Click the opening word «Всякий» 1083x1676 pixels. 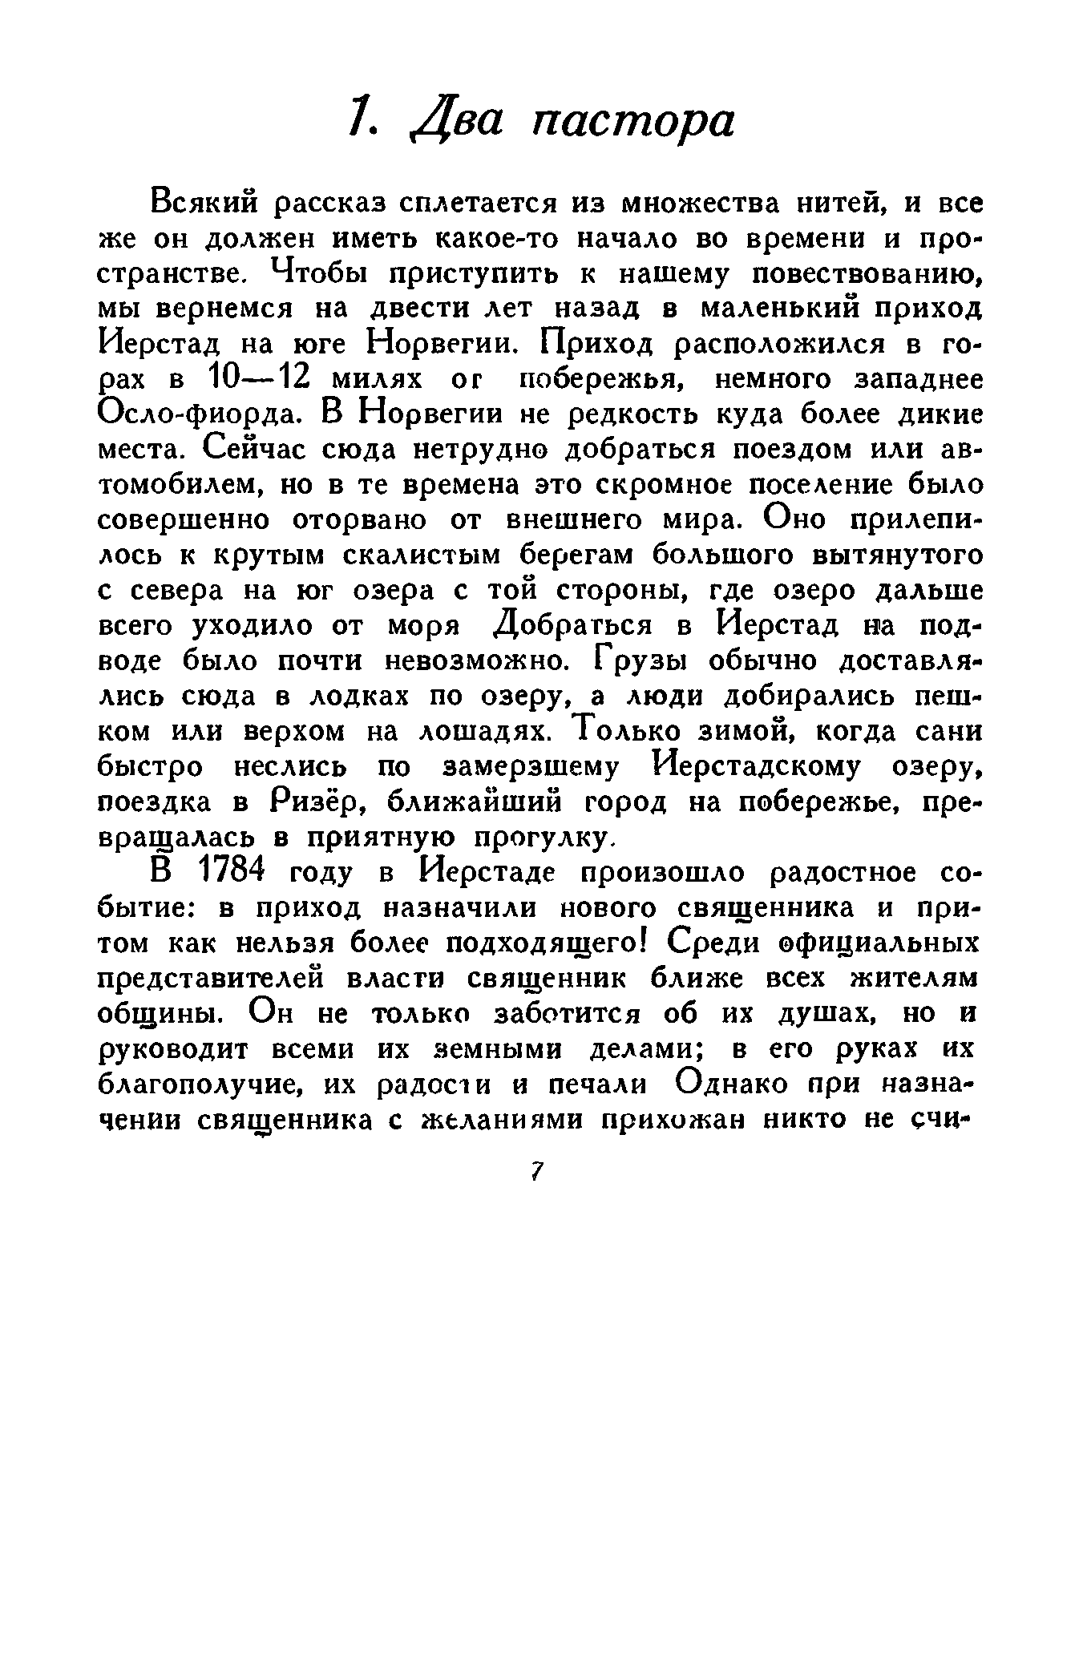203,204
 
